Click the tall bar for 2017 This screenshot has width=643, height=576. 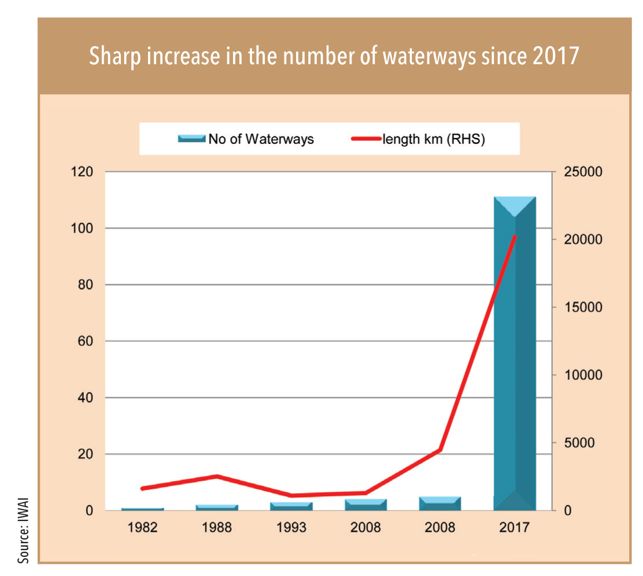[x=515, y=353]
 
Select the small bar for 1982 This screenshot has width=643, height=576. [x=143, y=509]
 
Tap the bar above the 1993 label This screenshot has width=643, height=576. [x=292, y=506]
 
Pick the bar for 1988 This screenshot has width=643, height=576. [x=217, y=507]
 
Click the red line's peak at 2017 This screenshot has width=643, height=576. [x=515, y=237]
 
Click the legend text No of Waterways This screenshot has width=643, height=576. [x=261, y=139]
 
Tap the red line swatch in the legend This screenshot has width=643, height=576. [x=365, y=139]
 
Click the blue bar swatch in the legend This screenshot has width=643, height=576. [x=191, y=139]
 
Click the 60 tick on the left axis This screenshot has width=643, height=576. [x=86, y=341]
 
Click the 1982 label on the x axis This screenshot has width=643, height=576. [x=143, y=528]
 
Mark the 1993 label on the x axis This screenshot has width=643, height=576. [x=292, y=528]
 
